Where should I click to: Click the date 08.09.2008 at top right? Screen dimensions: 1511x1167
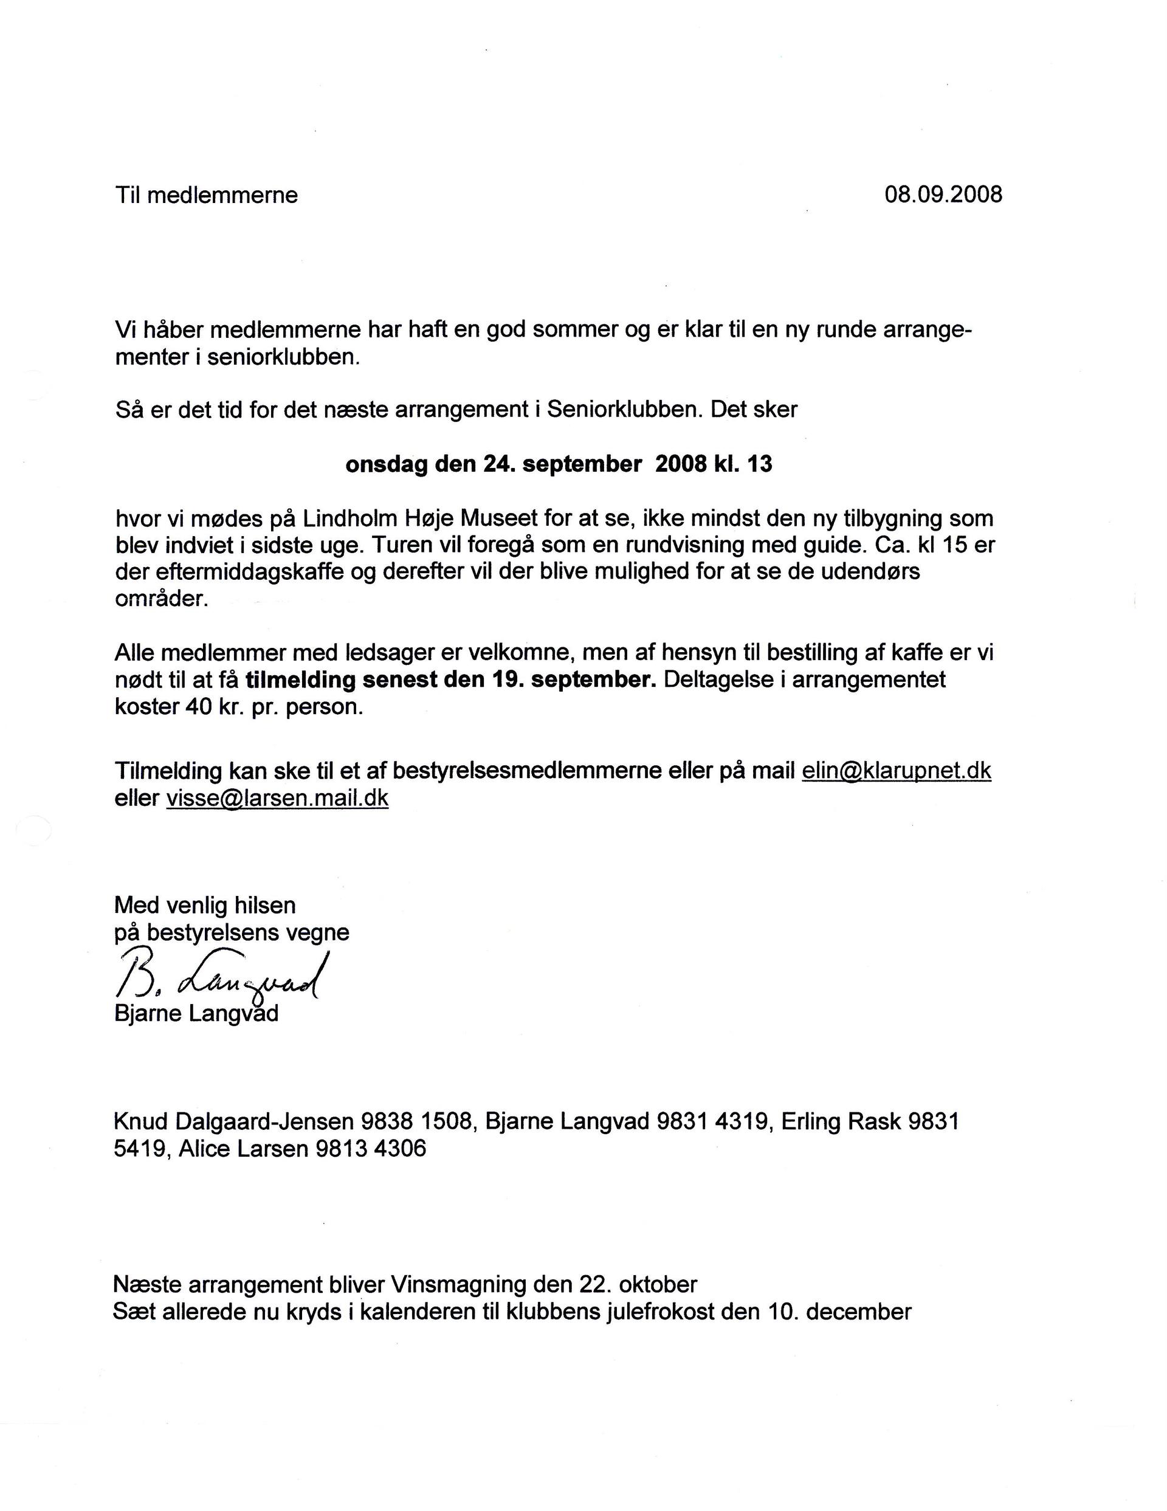click(943, 194)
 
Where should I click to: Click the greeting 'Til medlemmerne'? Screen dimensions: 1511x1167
click(206, 195)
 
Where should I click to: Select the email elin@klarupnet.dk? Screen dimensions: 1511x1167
click(896, 771)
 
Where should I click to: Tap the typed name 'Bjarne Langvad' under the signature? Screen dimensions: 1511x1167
click(196, 1014)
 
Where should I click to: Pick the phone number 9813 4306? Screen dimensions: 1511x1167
click(371, 1149)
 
